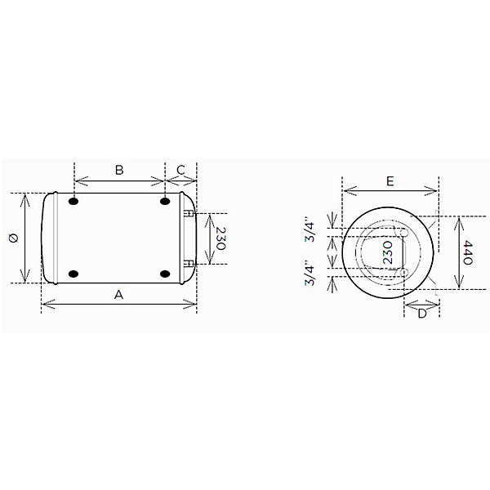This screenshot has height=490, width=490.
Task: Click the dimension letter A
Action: click(118, 294)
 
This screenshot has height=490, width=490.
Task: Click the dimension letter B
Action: click(119, 170)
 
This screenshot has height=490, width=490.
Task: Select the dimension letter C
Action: click(180, 170)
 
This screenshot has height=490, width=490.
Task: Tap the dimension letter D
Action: click(422, 314)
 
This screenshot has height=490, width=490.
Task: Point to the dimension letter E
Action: click(390, 181)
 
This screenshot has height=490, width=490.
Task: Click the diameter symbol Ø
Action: click(14, 238)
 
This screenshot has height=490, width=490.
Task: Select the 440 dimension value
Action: click(468, 252)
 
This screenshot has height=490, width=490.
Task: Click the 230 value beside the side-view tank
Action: click(221, 238)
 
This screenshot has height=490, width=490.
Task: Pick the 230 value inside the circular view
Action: click(387, 252)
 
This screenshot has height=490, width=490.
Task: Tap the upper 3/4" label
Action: click(310, 231)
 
